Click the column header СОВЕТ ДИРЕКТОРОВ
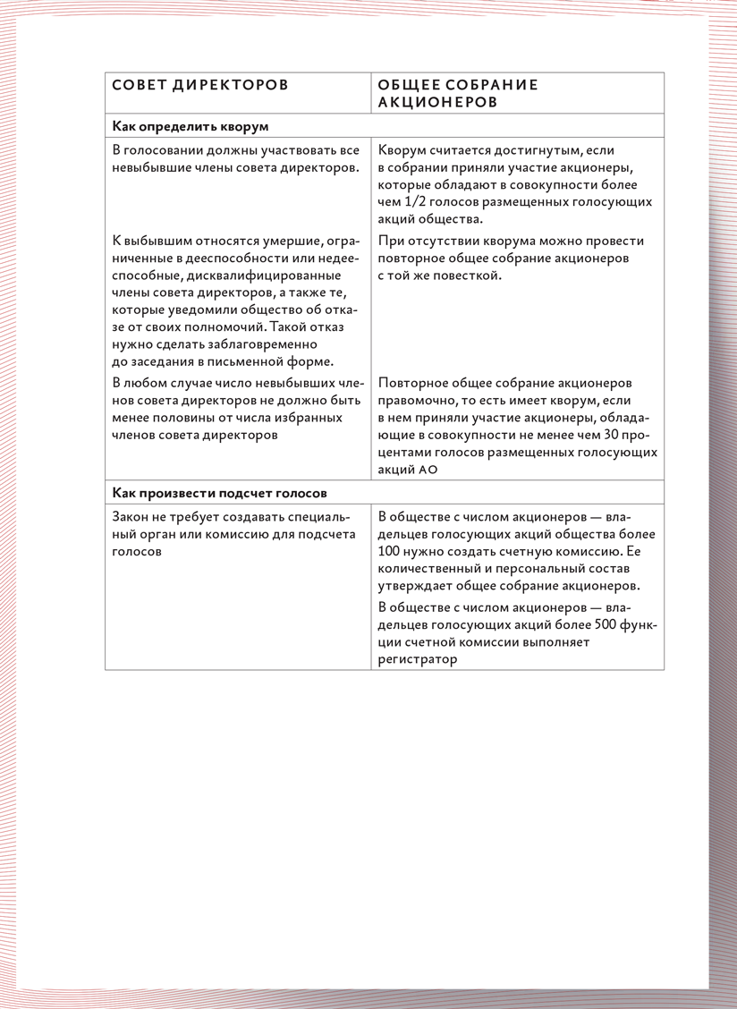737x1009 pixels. click(x=200, y=85)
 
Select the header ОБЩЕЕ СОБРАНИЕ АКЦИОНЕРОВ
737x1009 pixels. click(x=458, y=93)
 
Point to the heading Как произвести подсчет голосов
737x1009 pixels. click(x=220, y=493)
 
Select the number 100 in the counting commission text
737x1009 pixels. click(x=390, y=553)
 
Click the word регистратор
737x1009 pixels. click(x=418, y=659)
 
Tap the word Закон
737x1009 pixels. click(x=132, y=517)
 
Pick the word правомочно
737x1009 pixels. click(x=419, y=401)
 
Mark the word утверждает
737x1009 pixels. click(x=418, y=587)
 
